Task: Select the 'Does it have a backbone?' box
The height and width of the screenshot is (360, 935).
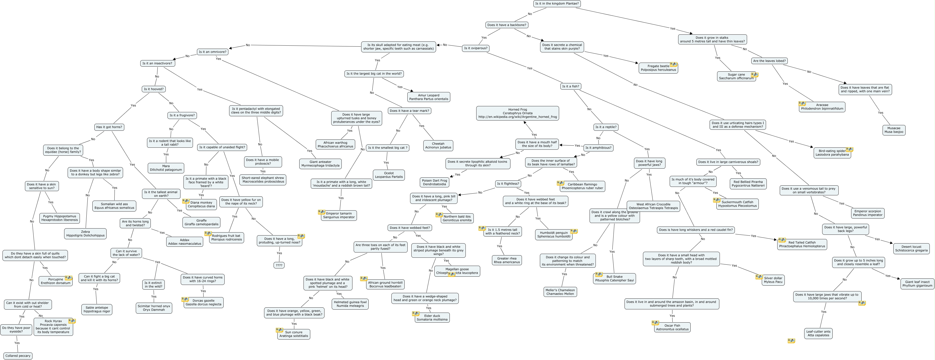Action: [x=507, y=25]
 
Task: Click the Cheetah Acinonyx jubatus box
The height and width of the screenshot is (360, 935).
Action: [x=438, y=145]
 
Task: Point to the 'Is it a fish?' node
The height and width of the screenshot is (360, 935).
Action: [x=571, y=86]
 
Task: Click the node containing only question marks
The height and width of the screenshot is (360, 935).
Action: [x=279, y=265]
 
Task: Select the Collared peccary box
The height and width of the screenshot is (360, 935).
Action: [x=18, y=356]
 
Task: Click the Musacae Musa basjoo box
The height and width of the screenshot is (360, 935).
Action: [x=894, y=130]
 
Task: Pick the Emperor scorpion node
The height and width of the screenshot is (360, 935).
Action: [x=868, y=213]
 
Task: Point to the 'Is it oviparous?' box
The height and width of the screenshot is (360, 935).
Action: [x=475, y=48]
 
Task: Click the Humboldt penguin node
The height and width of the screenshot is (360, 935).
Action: [x=554, y=235]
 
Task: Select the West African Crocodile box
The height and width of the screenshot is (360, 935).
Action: [x=653, y=206]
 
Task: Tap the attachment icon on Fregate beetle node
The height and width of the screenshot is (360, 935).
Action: [x=673, y=64]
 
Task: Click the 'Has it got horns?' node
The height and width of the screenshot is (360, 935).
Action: [x=109, y=127]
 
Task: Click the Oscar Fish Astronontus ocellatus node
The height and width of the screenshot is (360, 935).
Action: [x=672, y=327]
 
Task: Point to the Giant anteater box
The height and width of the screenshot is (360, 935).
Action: [x=320, y=164]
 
